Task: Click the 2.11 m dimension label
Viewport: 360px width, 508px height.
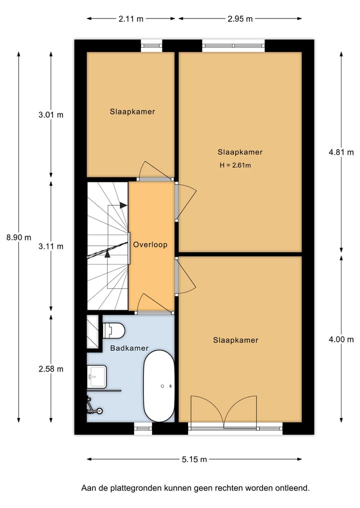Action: click(131, 19)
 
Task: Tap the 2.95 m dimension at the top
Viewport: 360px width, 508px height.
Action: click(240, 19)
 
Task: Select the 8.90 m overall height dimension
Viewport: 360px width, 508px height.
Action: click(18, 238)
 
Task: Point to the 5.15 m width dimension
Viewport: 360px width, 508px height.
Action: click(194, 460)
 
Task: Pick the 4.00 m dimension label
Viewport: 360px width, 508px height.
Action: click(341, 340)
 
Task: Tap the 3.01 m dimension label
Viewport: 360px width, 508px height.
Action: click(51, 115)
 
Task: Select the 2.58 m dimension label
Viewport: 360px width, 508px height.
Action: click(51, 369)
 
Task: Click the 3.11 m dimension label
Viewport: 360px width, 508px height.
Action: click(51, 246)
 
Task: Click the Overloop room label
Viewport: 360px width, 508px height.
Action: click(150, 245)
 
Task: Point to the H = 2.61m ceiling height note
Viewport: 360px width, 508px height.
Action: click(234, 165)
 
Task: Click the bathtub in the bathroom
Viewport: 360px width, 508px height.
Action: click(159, 386)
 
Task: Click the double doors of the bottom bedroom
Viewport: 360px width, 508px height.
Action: click(223, 411)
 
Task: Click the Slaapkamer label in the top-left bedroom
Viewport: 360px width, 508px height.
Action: click(132, 112)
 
